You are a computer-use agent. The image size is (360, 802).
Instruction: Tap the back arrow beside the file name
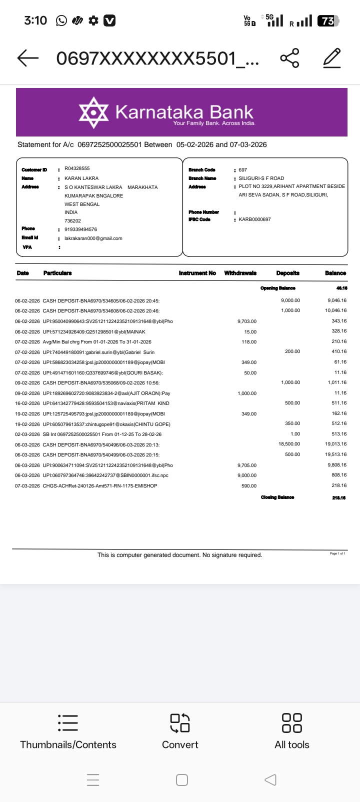(28, 58)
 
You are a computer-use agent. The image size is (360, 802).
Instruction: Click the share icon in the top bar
(290, 58)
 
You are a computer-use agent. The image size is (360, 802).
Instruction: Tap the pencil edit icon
(332, 58)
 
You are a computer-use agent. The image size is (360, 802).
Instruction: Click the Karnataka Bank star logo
(93, 112)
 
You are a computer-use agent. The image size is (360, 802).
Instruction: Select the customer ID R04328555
(77, 168)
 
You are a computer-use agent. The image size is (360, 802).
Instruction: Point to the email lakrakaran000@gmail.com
(93, 238)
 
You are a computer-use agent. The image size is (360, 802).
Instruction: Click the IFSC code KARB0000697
(254, 219)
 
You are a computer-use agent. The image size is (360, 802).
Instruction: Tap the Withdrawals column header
(240, 273)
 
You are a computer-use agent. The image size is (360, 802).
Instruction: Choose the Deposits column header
(287, 273)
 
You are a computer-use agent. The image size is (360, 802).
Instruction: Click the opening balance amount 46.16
(341, 288)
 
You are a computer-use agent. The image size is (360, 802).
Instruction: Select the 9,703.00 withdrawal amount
(247, 321)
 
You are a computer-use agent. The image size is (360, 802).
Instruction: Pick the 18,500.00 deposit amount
(289, 444)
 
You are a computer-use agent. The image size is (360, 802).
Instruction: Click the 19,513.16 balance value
(335, 454)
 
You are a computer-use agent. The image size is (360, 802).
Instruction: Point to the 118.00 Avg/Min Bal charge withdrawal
(249, 342)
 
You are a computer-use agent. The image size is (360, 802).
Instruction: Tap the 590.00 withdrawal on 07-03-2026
(249, 486)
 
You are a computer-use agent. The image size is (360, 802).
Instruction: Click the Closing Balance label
(277, 497)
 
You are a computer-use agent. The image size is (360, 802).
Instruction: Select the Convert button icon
(180, 722)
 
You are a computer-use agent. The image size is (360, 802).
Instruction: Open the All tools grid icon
(292, 722)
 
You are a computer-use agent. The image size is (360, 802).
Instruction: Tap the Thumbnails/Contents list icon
(68, 722)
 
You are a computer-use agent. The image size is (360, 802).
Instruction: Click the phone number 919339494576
(80, 229)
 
